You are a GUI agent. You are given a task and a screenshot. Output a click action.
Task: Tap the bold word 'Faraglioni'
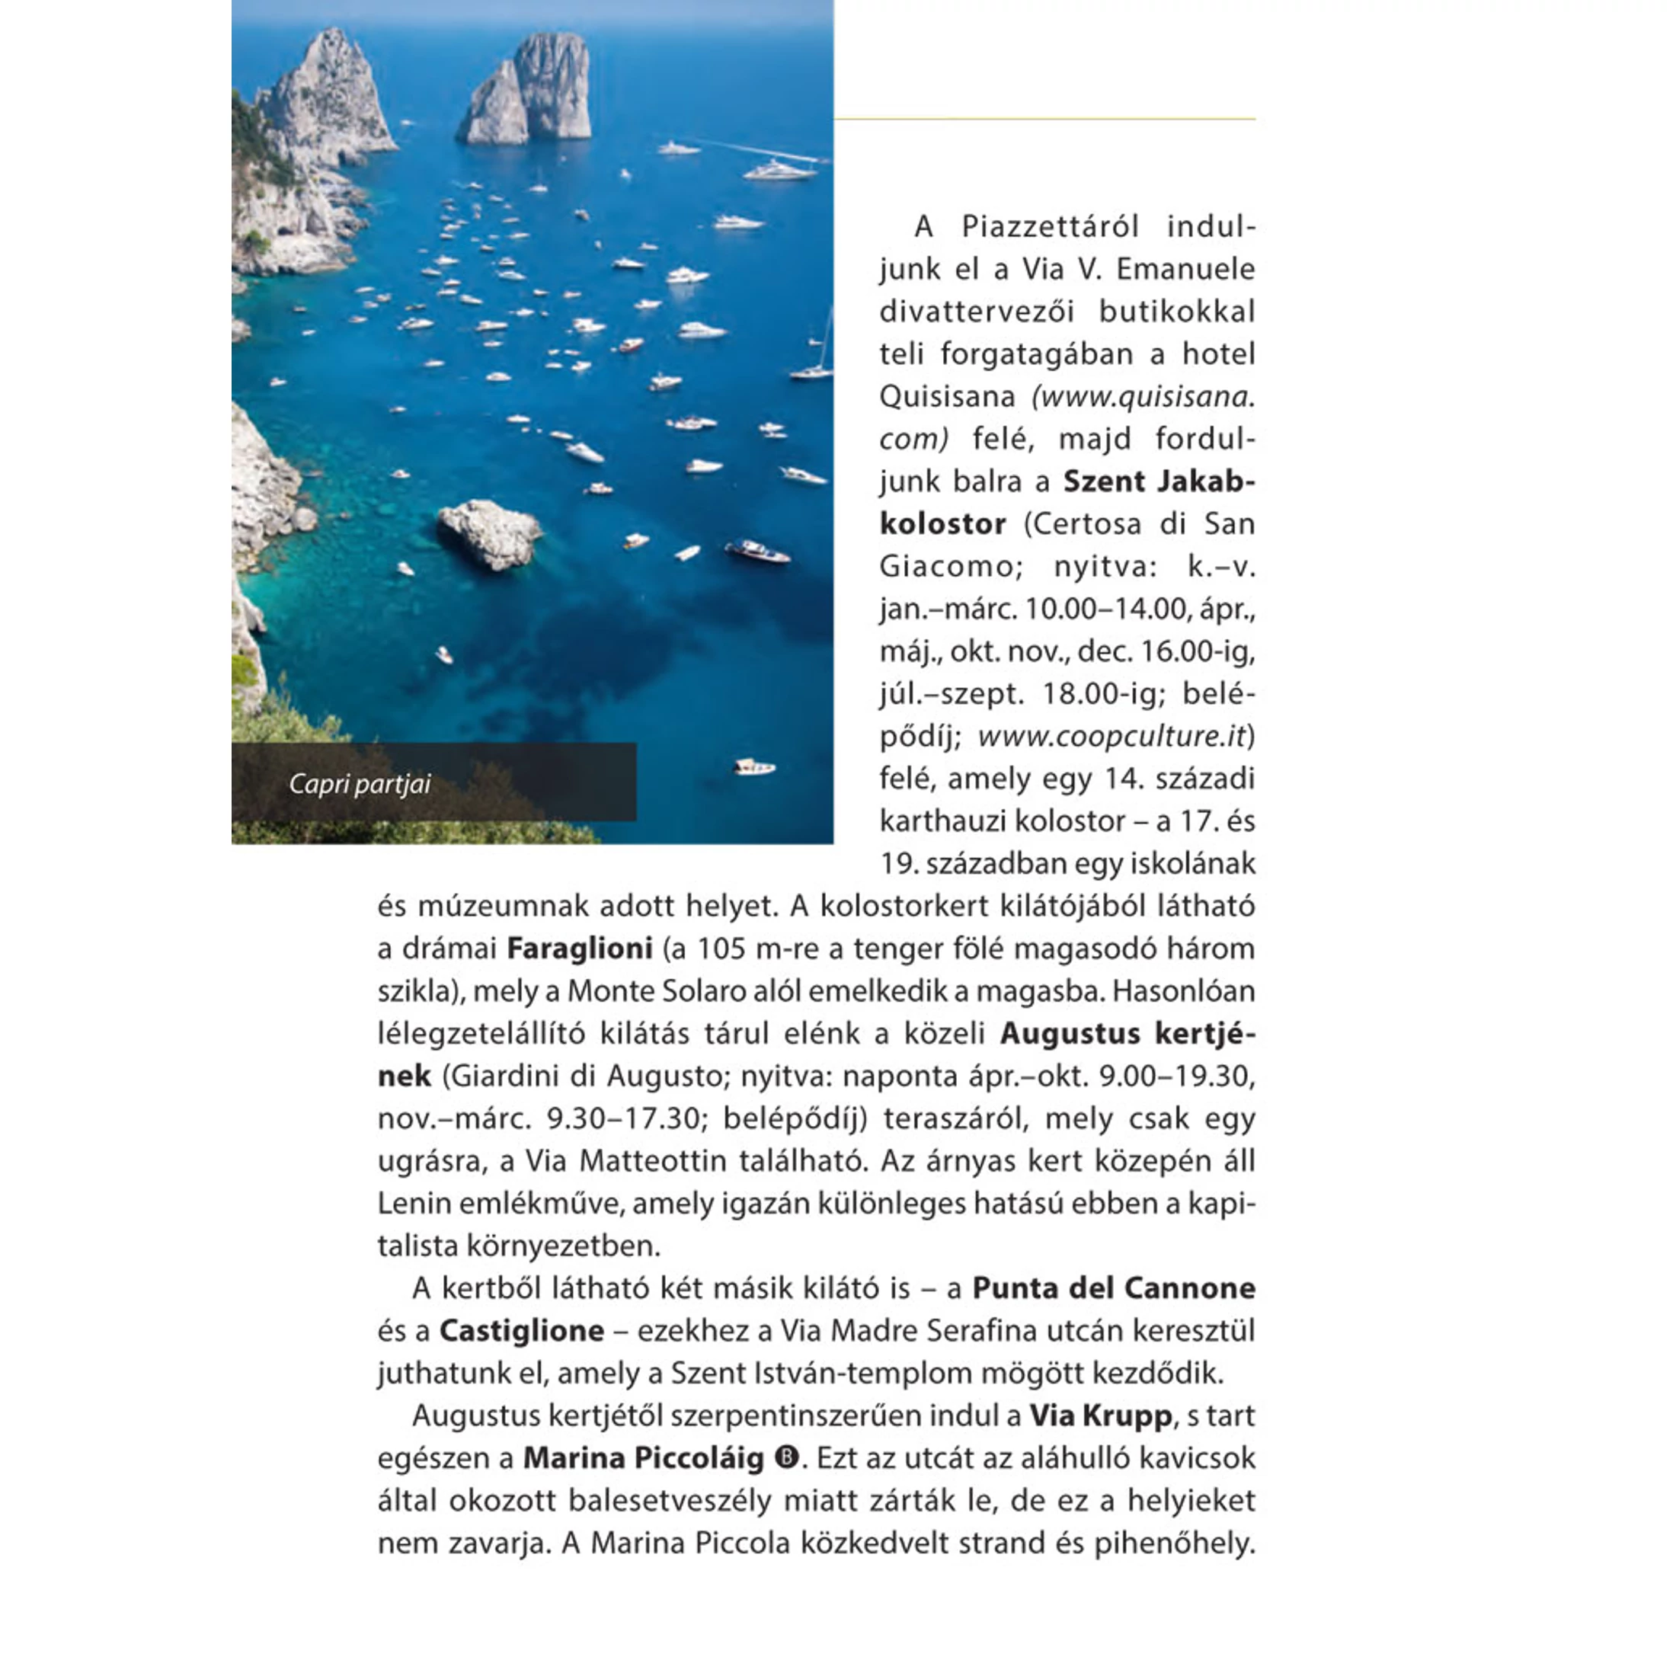click(579, 949)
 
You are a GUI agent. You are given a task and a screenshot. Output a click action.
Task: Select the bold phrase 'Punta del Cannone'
click(1113, 1289)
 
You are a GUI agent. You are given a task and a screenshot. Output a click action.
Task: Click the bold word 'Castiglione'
click(521, 1332)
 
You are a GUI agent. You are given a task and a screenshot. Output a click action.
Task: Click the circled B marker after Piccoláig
click(786, 1458)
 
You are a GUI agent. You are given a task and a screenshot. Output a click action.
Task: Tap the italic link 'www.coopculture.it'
click(1111, 737)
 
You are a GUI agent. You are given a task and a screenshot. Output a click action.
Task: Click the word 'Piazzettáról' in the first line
click(1050, 227)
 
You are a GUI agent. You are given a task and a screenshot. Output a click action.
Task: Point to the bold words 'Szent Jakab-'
click(1158, 481)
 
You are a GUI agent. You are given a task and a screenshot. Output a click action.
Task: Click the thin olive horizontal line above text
click(1044, 119)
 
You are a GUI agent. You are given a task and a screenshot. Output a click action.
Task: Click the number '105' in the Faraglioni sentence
click(721, 949)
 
